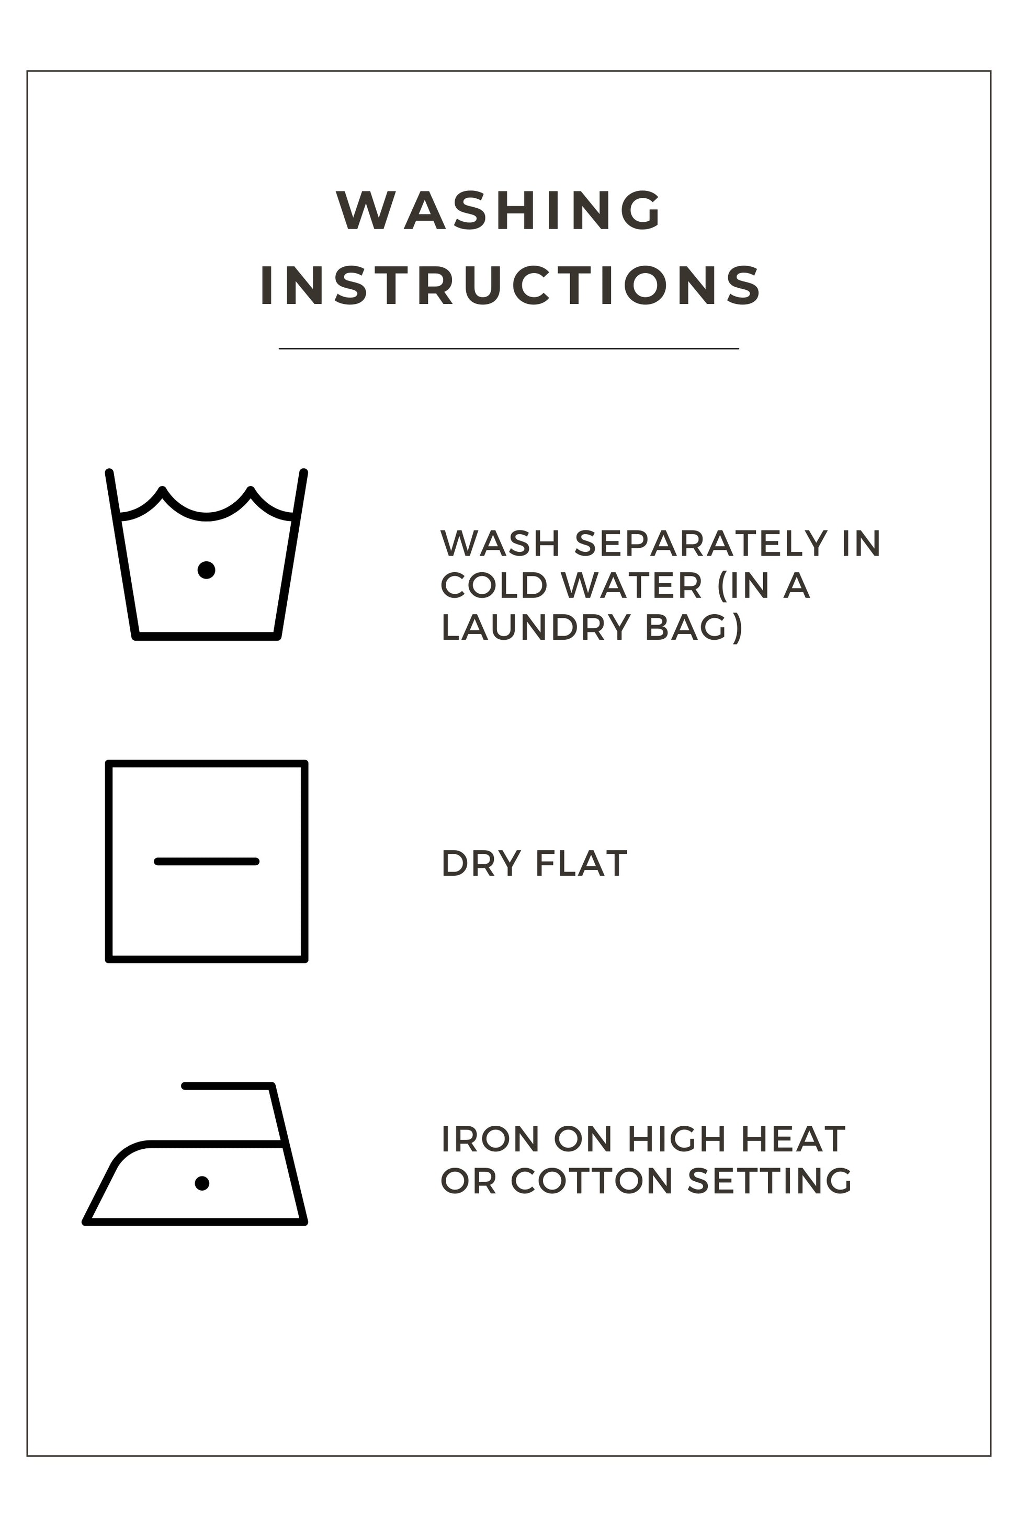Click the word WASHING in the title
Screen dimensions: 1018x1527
tap(497, 210)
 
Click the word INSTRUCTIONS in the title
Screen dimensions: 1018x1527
tap(510, 285)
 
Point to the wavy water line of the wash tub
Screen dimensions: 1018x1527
tap(207, 517)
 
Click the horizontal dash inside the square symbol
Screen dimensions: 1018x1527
tap(207, 862)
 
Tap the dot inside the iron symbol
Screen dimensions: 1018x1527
tap(202, 1183)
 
